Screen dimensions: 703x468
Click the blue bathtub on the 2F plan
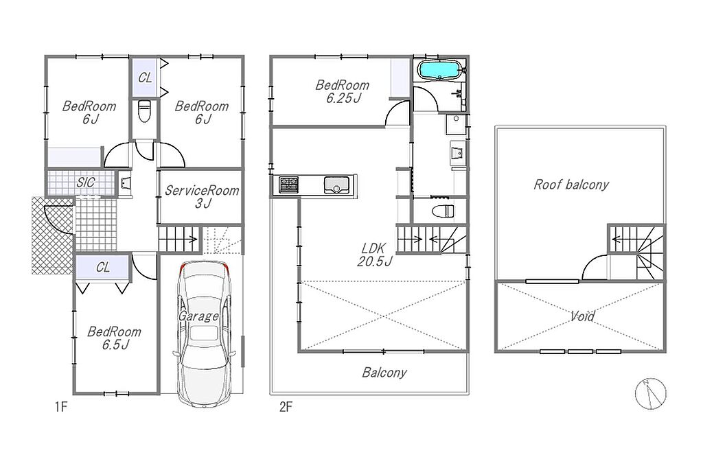(439, 70)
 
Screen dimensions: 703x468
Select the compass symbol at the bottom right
(651, 394)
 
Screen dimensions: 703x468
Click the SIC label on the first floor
(86, 182)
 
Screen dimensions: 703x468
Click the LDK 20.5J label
(374, 255)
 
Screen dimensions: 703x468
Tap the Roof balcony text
(571, 184)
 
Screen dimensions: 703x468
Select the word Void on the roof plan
(582, 316)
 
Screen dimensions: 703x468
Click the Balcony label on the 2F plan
(384, 373)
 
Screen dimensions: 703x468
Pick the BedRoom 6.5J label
(115, 338)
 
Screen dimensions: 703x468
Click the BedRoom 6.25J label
(343, 91)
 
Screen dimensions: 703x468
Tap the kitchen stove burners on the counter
(288, 185)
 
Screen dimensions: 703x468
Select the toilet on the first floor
(144, 110)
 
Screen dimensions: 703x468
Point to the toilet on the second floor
(443, 211)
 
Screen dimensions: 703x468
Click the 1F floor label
(61, 407)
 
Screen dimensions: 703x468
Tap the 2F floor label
(286, 407)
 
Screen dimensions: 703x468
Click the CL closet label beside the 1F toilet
(145, 78)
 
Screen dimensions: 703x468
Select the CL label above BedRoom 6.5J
(103, 268)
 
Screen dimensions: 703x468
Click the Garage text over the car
(198, 316)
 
